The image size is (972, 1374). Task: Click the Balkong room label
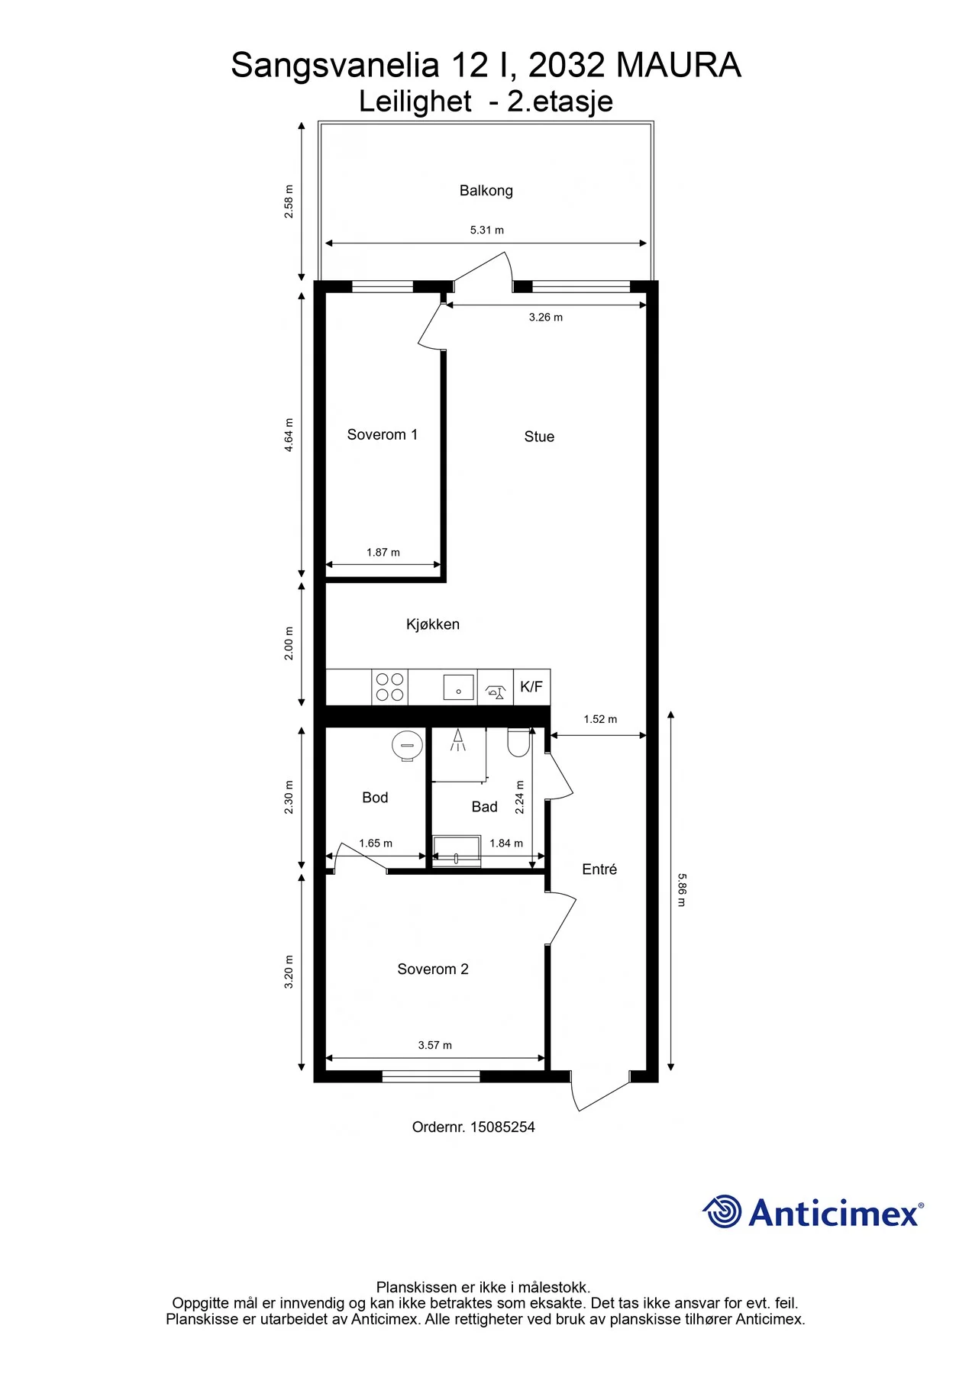pos(486,191)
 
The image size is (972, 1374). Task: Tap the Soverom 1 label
pos(382,434)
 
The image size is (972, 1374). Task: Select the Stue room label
pos(539,437)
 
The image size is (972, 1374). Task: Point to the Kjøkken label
pos(433,624)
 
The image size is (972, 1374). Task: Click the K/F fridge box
pos(531,687)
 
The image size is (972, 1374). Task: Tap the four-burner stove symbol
pos(389,687)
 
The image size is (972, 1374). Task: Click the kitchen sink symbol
pos(458,687)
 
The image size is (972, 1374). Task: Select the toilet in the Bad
pos(518,743)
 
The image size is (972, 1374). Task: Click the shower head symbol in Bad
pos(457,740)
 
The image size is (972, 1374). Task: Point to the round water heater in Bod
pos(407,746)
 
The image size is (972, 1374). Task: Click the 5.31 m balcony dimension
pos(486,230)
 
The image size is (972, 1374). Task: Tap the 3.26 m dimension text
pos(546,317)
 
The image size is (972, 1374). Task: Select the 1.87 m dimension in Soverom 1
pos(383,552)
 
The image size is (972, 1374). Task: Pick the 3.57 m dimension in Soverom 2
pos(434,1045)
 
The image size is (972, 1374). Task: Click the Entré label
pos(599,869)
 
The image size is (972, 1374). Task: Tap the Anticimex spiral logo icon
pos(722,1211)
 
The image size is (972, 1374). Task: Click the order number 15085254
pos(502,1127)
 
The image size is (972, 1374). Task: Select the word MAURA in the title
pos(678,66)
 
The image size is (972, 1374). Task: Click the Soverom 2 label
pos(433,969)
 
